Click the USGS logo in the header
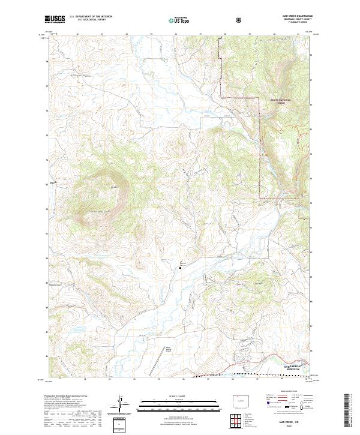55,20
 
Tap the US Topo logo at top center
178,20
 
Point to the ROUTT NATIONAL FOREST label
280,101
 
